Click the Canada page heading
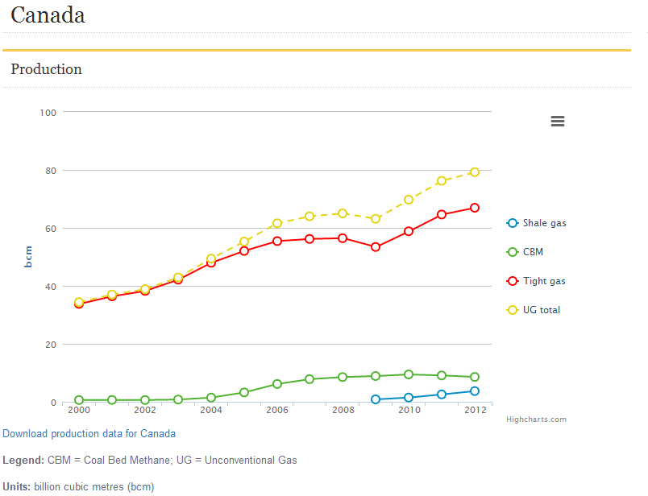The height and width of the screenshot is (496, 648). click(48, 15)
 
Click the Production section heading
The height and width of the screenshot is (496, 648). click(46, 69)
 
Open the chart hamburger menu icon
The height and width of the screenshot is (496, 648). click(557, 122)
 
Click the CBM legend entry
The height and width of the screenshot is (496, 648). click(533, 252)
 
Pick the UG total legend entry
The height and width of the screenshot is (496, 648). click(541, 310)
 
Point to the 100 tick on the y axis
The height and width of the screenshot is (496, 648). click(48, 112)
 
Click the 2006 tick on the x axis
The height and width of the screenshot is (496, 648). click(277, 410)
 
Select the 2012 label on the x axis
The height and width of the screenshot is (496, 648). click(475, 410)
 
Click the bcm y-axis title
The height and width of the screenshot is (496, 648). click(28, 257)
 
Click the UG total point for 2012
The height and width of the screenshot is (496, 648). click(475, 172)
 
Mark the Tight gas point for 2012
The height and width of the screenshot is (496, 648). click(475, 208)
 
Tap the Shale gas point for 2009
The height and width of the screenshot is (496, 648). click(376, 399)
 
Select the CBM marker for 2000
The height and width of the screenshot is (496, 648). click(79, 400)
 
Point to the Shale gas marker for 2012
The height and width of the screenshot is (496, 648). click(475, 391)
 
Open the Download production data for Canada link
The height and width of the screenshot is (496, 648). click(89, 433)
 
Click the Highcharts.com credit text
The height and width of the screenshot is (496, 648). click(536, 420)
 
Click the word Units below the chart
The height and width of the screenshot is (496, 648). click(16, 486)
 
